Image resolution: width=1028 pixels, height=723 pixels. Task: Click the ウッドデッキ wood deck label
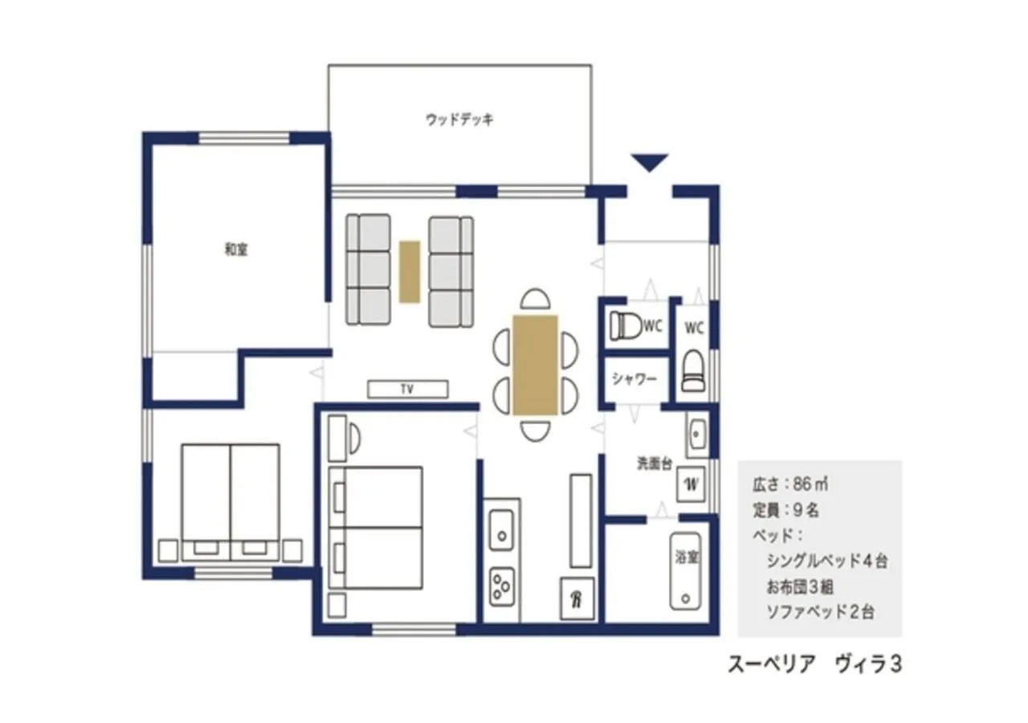point(459,120)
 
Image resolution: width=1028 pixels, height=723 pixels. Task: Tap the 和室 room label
point(235,250)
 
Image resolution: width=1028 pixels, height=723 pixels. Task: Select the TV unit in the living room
point(408,389)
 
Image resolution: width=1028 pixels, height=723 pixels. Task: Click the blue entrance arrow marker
point(649,162)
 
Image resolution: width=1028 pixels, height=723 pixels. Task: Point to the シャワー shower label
point(635,379)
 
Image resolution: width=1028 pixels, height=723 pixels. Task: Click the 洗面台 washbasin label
point(654,464)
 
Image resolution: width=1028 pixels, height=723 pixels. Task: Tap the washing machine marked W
point(691,484)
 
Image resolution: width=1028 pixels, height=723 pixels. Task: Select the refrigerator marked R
point(577,599)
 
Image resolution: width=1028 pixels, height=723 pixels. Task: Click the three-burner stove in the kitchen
point(501,586)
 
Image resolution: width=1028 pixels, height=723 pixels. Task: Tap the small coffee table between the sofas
point(410,272)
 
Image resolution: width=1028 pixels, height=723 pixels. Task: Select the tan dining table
point(536,365)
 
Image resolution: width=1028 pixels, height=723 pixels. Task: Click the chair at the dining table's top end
point(536,300)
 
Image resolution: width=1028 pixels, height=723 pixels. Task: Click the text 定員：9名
point(785,510)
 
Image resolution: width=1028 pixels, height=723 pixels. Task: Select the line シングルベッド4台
point(827,561)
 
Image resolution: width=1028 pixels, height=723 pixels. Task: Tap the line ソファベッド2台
point(821,612)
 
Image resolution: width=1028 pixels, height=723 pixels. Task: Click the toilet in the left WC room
point(626,326)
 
